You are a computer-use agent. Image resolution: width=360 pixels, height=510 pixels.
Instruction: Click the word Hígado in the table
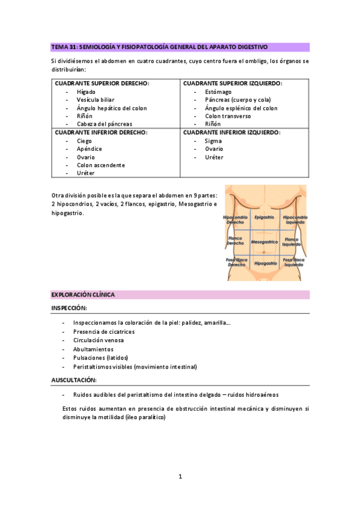pyautogui.click(x=85, y=91)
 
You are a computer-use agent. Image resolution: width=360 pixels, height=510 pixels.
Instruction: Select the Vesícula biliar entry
pyautogui.click(x=95, y=100)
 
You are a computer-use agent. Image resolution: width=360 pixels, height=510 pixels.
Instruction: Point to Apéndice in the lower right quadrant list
pyautogui.click(x=89, y=149)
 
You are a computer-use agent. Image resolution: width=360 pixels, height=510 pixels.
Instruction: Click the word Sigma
pyautogui.click(x=213, y=141)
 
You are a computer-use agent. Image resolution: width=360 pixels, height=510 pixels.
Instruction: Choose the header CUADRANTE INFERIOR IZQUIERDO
pyautogui.click(x=231, y=132)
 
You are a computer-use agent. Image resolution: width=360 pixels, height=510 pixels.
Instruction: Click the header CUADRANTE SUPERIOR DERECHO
pyautogui.click(x=102, y=83)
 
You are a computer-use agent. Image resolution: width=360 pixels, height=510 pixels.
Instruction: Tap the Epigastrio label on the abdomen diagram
pyautogui.click(x=264, y=217)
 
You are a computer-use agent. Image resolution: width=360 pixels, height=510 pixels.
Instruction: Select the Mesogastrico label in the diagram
pyautogui.click(x=264, y=242)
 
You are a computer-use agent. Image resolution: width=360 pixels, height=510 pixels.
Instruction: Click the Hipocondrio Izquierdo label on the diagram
pyautogui.click(x=295, y=220)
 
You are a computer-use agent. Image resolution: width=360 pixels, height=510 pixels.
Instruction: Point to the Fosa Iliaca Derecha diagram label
pyautogui.click(x=236, y=263)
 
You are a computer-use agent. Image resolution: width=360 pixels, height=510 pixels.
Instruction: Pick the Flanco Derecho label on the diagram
pyautogui.click(x=235, y=241)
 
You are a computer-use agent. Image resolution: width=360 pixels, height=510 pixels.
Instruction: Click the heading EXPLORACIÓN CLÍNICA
pyautogui.click(x=83, y=295)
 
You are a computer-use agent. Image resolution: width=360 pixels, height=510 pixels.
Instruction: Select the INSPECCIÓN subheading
pyautogui.click(x=69, y=308)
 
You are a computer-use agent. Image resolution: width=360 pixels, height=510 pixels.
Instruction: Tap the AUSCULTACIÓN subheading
pyautogui.click(x=73, y=380)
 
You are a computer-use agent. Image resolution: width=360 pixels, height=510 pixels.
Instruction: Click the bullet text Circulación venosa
pyautogui.click(x=100, y=340)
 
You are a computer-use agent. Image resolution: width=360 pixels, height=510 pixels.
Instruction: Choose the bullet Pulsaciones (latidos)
pyautogui.click(x=100, y=357)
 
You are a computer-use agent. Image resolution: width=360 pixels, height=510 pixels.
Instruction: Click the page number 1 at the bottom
pyautogui.click(x=180, y=476)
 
